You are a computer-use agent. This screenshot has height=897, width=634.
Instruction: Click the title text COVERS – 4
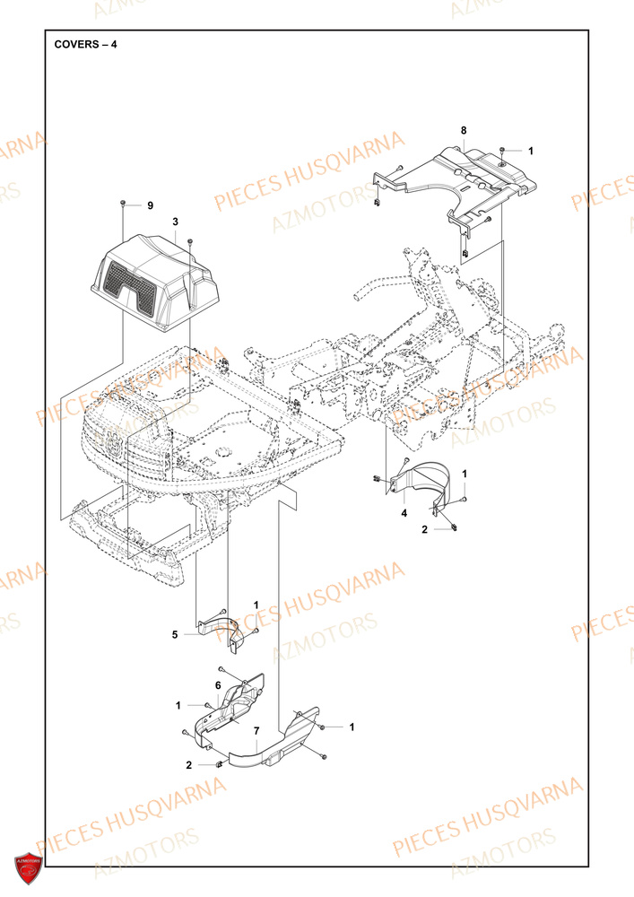click(x=85, y=44)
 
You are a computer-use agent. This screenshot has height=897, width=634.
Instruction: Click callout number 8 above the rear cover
click(x=464, y=131)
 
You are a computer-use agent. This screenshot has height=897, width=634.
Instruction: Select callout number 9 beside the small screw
click(x=152, y=205)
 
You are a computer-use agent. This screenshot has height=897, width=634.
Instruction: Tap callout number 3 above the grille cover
click(x=175, y=221)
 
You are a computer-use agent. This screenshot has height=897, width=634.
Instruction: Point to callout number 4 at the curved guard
click(x=379, y=512)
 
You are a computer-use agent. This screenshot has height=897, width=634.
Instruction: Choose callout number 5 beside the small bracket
click(x=176, y=634)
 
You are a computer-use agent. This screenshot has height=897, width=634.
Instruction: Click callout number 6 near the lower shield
click(x=218, y=684)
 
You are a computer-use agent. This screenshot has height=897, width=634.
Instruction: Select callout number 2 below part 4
click(x=425, y=529)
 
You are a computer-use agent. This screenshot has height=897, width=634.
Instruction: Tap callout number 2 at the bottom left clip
click(x=189, y=764)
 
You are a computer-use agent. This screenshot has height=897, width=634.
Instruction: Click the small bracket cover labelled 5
click(x=220, y=628)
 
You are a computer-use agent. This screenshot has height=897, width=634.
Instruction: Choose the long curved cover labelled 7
click(x=269, y=740)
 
